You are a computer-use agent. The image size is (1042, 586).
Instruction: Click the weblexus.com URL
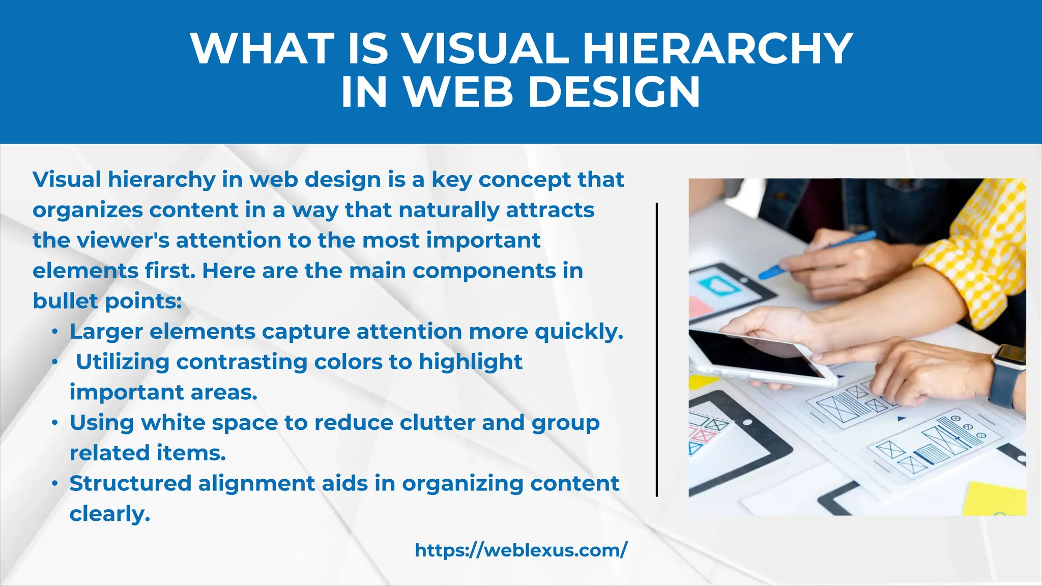(x=521, y=550)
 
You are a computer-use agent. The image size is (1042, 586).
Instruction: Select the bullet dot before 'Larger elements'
(x=55, y=332)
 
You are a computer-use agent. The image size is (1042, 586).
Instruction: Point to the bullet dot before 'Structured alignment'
(x=55, y=484)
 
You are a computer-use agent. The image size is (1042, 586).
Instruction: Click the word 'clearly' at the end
(x=109, y=514)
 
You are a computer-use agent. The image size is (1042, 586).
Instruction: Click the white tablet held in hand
(x=763, y=356)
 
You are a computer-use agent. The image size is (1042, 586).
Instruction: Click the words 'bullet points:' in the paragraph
(x=107, y=301)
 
